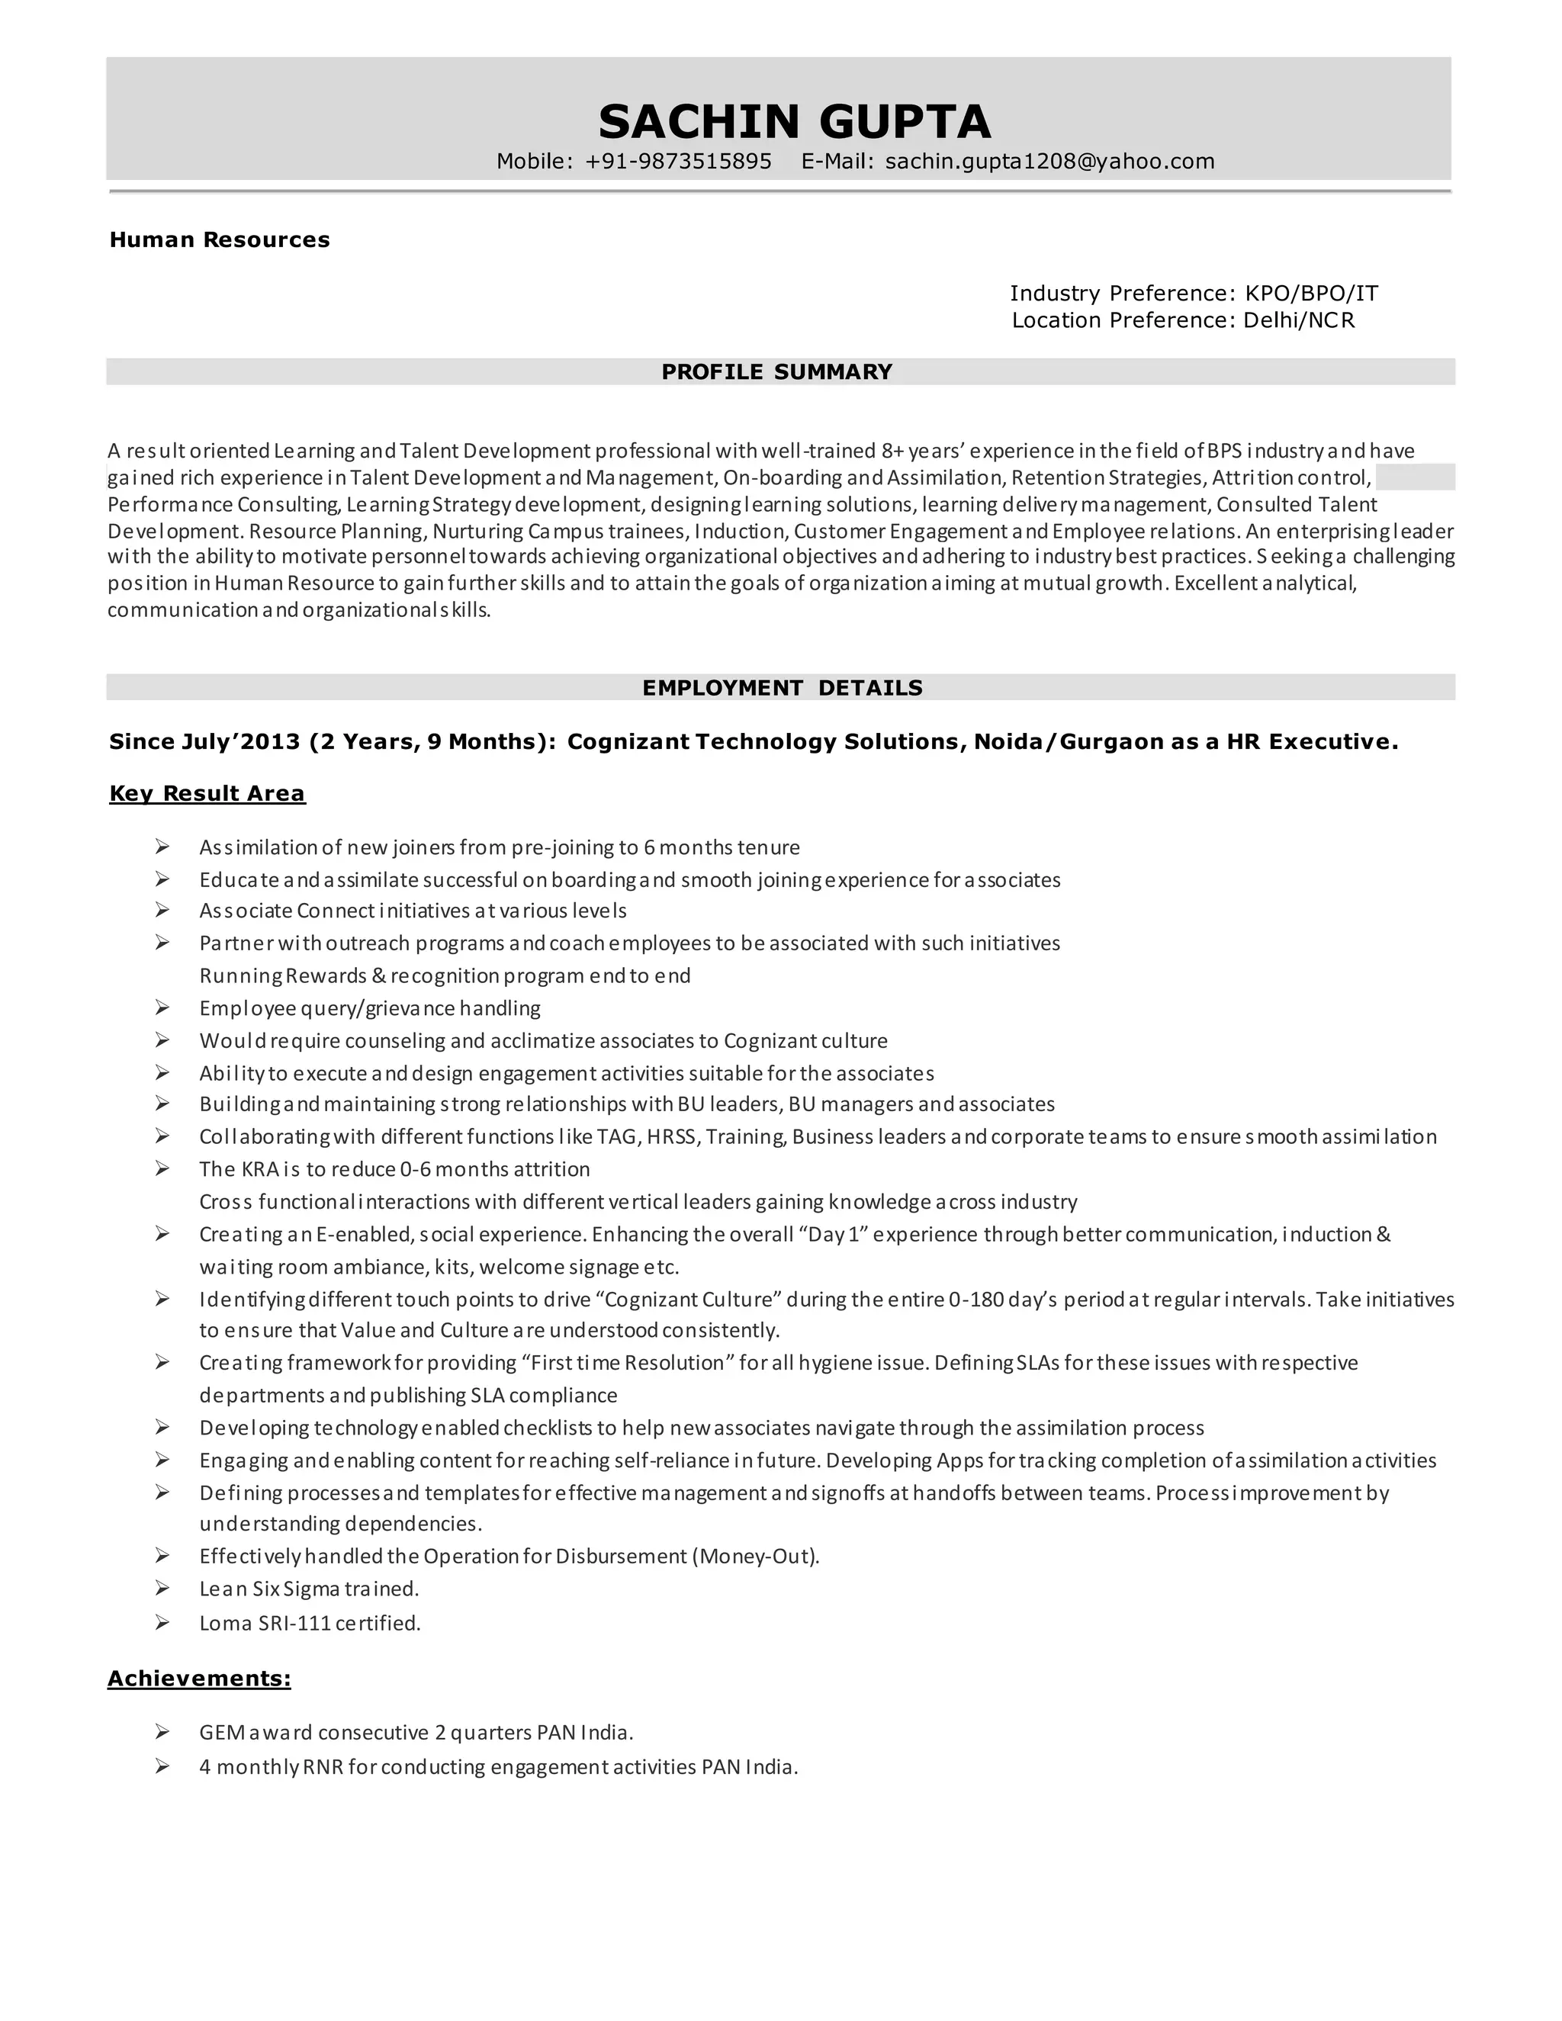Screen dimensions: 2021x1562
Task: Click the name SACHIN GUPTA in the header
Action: coord(794,121)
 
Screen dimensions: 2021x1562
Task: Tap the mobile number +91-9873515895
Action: coord(678,162)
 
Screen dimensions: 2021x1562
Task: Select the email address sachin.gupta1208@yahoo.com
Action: coord(1049,162)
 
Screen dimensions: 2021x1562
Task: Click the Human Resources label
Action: coord(220,239)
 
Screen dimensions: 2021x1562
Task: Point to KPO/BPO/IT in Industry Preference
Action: coord(1311,294)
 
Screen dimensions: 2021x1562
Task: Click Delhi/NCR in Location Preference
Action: coord(1298,320)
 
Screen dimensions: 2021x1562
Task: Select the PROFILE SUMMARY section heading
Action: coord(776,372)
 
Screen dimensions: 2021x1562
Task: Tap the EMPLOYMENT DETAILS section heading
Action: coord(782,688)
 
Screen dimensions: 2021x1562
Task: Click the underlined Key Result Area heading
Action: coord(207,793)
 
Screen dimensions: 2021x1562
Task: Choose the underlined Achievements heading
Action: coord(199,1679)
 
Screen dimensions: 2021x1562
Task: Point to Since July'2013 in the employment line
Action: coord(204,741)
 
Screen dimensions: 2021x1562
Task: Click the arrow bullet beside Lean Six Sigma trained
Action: coord(162,1588)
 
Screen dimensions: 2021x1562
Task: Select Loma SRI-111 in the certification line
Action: coord(264,1623)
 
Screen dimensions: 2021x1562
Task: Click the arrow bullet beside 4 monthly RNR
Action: coord(162,1766)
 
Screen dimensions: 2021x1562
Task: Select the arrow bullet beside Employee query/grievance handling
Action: coord(162,1007)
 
